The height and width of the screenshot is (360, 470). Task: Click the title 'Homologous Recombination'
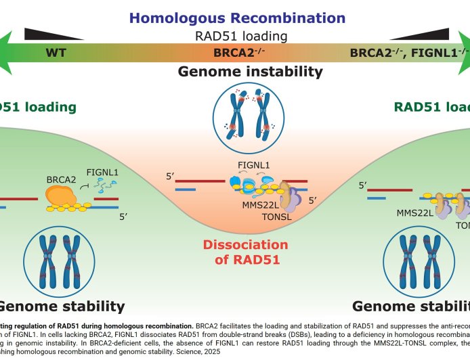pos(235,18)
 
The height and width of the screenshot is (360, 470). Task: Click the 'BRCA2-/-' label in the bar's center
pos(234,53)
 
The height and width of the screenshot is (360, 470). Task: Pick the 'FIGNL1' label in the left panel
pos(102,173)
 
